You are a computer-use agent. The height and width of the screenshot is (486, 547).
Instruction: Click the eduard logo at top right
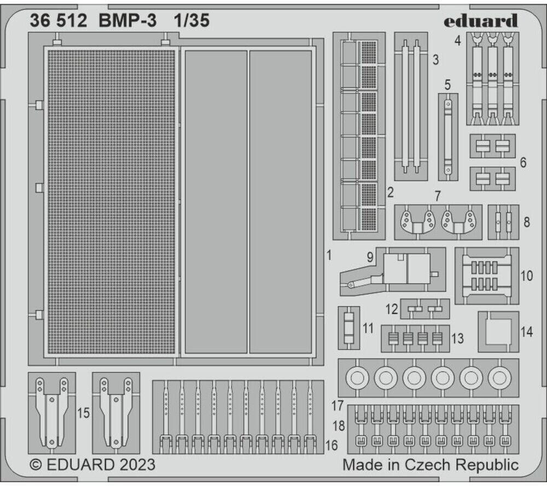480,21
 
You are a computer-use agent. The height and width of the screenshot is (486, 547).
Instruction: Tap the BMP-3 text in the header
127,21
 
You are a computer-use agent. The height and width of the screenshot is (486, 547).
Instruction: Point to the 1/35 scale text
191,21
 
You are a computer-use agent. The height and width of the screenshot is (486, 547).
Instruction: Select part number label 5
447,85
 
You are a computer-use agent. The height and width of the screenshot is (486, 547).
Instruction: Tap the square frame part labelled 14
498,332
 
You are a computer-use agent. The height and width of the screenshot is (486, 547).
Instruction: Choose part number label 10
526,275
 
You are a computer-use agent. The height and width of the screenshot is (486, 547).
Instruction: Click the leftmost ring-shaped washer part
357,377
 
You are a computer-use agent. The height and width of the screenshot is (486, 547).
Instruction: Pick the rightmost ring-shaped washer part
499,377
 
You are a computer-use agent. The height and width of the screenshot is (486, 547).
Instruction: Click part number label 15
83,414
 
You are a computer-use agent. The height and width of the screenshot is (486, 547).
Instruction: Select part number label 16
331,445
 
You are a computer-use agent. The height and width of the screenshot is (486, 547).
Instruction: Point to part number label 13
457,339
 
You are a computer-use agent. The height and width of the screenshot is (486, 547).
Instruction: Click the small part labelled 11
348,327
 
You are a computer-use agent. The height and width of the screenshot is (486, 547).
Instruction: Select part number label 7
437,195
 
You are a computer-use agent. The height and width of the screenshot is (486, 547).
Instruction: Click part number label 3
435,60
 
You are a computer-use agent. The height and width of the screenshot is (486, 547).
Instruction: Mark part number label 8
526,222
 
